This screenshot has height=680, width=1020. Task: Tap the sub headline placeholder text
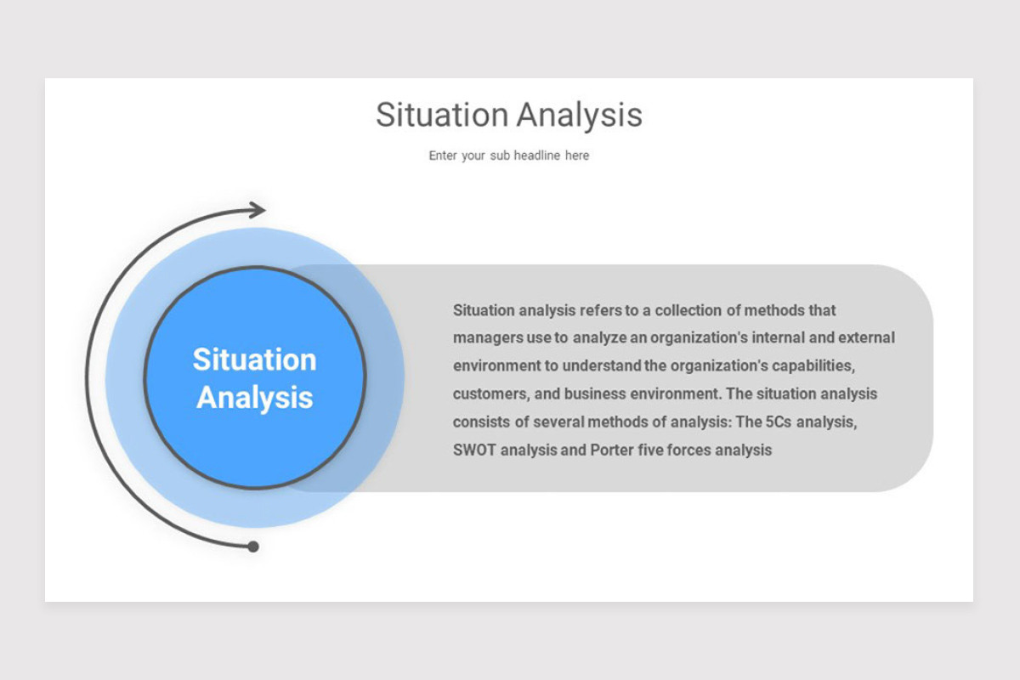point(508,156)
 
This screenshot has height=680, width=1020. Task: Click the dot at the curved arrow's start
point(252,547)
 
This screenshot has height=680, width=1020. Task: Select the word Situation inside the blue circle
point(254,360)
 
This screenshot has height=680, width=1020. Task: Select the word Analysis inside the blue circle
point(254,397)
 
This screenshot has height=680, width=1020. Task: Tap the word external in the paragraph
point(866,337)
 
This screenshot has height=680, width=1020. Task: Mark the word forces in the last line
point(691,450)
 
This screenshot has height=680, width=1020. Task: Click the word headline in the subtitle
point(537,156)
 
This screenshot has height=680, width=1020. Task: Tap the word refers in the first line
point(601,310)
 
